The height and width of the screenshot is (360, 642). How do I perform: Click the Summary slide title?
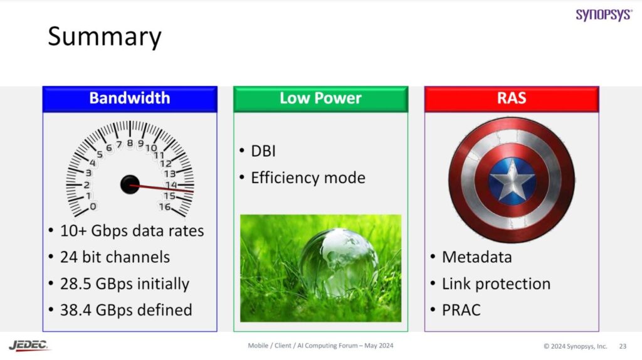[x=105, y=36]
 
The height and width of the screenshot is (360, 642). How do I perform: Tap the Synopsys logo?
[x=604, y=14]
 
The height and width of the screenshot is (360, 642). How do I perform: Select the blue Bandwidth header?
[x=130, y=98]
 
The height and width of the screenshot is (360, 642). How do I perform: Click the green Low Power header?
[x=320, y=98]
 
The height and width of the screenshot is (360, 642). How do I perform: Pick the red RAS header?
[x=512, y=98]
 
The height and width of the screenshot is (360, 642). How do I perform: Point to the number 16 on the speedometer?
[x=164, y=207]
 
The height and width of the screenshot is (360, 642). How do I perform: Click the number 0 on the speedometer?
[x=93, y=206]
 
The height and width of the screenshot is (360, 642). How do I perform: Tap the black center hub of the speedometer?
[x=130, y=184]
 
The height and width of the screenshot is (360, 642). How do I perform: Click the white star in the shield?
[x=512, y=181]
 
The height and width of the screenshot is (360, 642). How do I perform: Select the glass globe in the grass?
[x=338, y=260]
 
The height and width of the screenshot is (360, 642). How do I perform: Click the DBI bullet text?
[x=263, y=151]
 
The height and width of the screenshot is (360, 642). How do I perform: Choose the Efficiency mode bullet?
[x=307, y=177]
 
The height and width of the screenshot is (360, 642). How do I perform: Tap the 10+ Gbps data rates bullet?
[x=132, y=231]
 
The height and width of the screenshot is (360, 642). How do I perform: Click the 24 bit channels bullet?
[x=115, y=257]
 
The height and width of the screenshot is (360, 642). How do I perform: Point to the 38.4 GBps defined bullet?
[x=126, y=310]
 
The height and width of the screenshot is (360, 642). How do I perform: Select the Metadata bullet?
[x=476, y=257]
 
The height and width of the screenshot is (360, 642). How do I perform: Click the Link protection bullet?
[x=496, y=283]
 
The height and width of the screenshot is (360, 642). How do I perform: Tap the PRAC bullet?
[x=461, y=310]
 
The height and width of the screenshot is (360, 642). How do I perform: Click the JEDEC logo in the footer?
[x=29, y=346]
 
